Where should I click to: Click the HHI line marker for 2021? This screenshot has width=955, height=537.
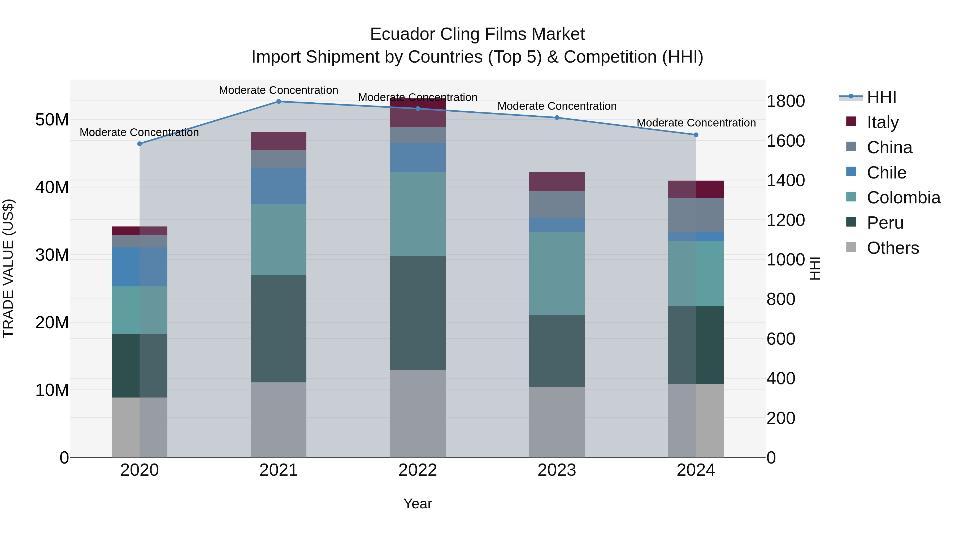279,102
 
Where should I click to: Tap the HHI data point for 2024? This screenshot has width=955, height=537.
696,135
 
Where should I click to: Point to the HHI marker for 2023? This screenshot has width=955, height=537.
557,118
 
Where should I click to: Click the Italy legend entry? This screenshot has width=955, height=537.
883,122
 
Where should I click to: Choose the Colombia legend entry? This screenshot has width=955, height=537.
903,198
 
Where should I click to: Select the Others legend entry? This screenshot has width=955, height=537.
893,248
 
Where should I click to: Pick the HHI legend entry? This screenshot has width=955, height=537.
881,97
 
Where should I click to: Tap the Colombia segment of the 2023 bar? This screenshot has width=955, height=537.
557,273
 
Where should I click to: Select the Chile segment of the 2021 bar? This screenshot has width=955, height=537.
279,186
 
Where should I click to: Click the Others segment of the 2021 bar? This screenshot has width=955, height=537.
279,420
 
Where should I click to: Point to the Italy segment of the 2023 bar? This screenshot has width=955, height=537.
557,182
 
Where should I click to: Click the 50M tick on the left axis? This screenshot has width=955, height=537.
52,120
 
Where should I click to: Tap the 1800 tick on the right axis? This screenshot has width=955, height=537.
785,101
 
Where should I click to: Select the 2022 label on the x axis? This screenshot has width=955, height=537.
418,470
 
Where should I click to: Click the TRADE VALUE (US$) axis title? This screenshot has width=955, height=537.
8,268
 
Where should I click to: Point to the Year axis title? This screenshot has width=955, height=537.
418,504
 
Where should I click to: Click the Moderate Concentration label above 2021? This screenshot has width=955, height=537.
279,90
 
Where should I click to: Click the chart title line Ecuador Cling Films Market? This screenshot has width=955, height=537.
477,34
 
